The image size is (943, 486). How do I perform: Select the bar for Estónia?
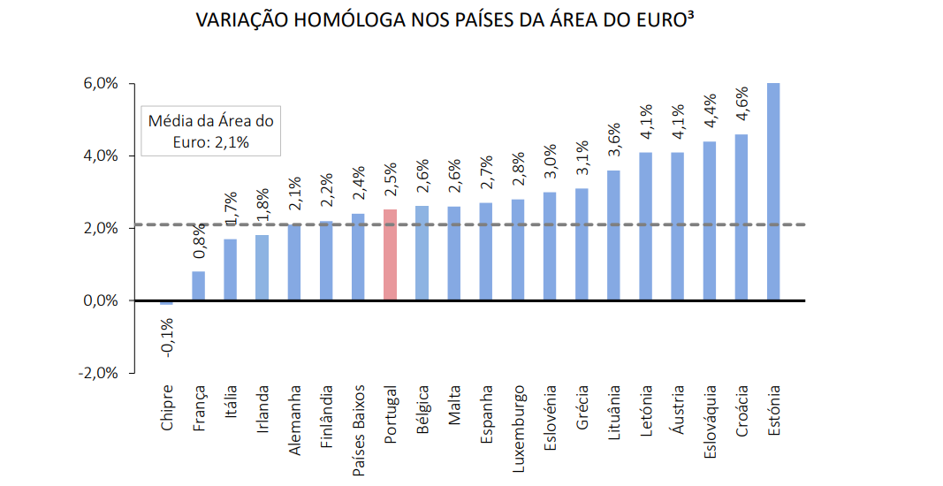[773, 192]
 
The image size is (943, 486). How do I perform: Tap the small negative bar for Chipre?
[166, 303]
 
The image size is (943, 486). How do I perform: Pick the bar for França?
[198, 285]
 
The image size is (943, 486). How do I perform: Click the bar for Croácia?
[741, 217]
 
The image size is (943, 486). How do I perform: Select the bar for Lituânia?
[613, 235]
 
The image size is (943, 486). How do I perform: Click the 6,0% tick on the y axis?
[101, 84]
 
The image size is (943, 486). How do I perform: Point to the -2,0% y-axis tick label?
[98, 373]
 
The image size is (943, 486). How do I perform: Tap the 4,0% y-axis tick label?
[101, 156]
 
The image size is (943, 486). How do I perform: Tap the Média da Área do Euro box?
[210, 132]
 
